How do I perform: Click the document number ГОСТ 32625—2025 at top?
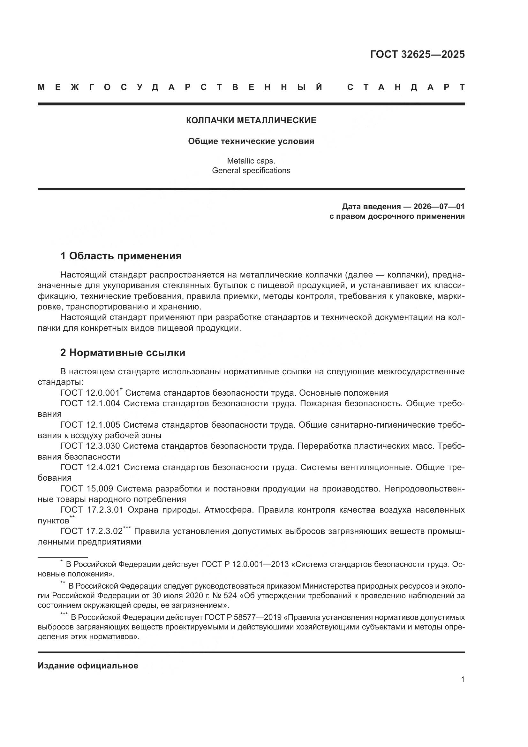tap(417, 54)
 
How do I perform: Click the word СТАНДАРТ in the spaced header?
tap(406, 87)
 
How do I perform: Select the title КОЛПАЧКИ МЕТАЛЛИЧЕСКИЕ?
tap(251, 120)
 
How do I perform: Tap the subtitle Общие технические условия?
tap(251, 141)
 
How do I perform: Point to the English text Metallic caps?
tap(251, 161)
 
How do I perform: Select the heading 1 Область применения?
tap(121, 256)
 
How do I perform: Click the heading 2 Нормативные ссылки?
tap(123, 353)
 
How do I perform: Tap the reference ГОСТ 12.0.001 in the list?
tap(90, 393)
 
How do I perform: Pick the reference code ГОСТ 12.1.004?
tap(90, 403)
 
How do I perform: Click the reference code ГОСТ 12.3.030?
tap(90, 446)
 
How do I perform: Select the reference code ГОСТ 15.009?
tap(87, 489)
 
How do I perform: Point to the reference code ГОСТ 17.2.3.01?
tap(92, 510)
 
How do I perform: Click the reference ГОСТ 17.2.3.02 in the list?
tap(91, 531)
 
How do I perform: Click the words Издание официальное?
tap(88, 666)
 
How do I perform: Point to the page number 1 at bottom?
tap(462, 679)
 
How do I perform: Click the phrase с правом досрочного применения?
tap(397, 216)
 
